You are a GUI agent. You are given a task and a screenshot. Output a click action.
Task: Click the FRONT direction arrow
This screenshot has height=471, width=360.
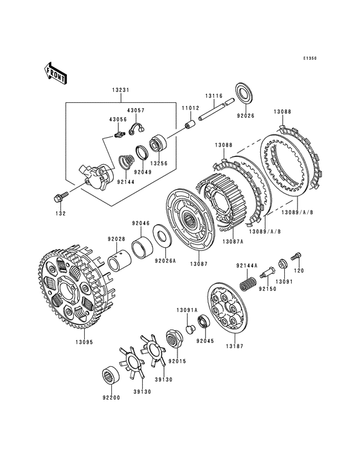tap(55, 73)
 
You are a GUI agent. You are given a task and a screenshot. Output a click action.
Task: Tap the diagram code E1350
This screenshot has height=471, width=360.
tap(309, 59)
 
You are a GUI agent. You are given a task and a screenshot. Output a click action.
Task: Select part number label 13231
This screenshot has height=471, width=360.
tap(121, 90)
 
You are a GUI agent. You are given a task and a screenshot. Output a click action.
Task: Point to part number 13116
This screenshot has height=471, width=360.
tap(214, 96)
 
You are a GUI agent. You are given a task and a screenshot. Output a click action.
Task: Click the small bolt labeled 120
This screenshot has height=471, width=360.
tap(296, 256)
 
